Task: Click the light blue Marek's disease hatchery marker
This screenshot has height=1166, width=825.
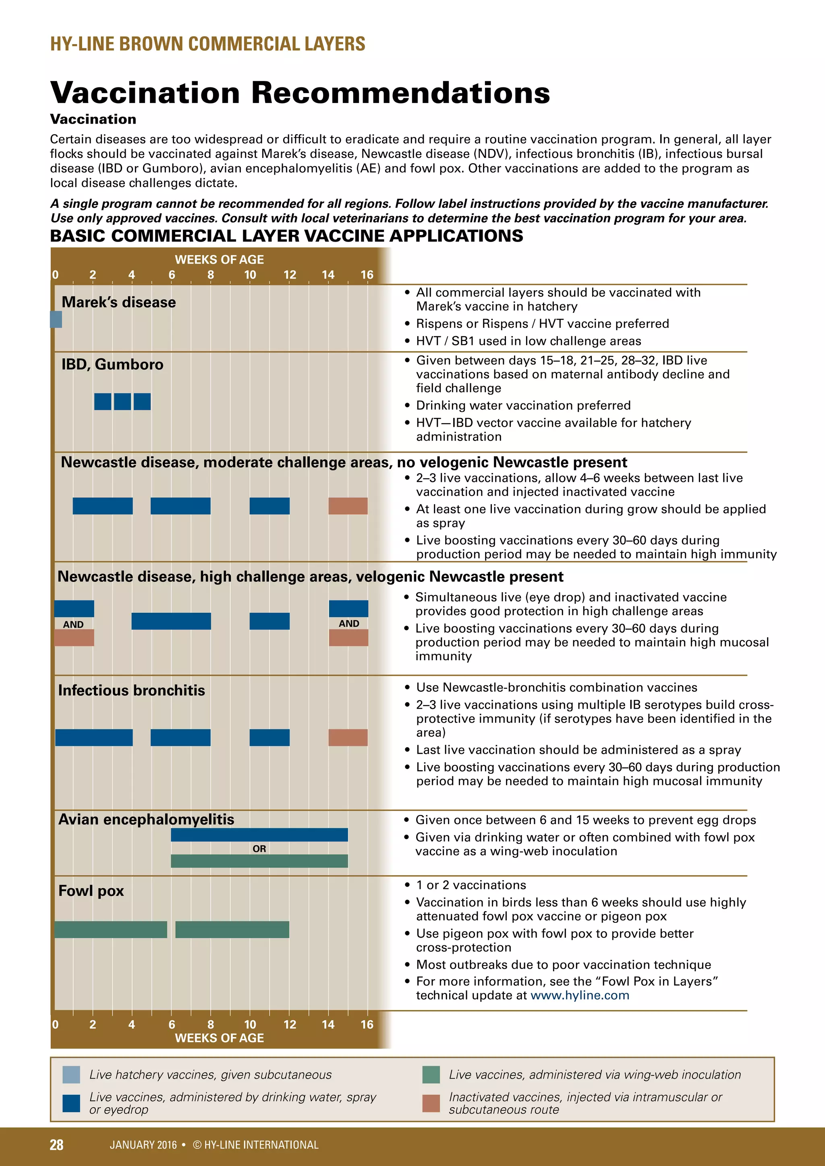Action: tap(56, 319)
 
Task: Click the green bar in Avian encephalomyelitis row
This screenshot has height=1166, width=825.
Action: tap(259, 861)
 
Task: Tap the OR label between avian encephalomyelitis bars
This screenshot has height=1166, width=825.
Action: tap(259, 849)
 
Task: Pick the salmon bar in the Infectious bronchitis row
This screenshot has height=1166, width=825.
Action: tap(348, 737)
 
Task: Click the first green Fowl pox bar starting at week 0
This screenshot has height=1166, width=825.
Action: tap(111, 929)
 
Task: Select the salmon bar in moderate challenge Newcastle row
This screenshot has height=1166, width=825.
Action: tap(348, 506)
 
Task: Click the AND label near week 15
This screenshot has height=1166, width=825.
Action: tap(349, 624)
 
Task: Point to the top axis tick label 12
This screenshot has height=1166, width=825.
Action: tap(290, 275)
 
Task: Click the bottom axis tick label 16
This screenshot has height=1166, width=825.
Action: tap(367, 1024)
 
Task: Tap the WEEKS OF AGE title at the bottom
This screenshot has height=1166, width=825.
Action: tap(220, 1038)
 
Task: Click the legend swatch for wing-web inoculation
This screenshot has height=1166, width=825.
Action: tap(431, 1075)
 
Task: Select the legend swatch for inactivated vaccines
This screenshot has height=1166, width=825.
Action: tap(431, 1103)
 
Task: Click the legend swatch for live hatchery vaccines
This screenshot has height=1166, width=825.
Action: tap(71, 1075)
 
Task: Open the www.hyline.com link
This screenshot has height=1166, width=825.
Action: tap(580, 995)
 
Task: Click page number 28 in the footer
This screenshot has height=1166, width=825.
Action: tap(56, 1144)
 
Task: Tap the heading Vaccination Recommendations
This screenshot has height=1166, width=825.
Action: tap(300, 93)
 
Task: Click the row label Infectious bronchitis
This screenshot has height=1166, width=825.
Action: tap(132, 690)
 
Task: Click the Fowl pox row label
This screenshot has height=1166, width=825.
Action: tap(91, 891)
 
